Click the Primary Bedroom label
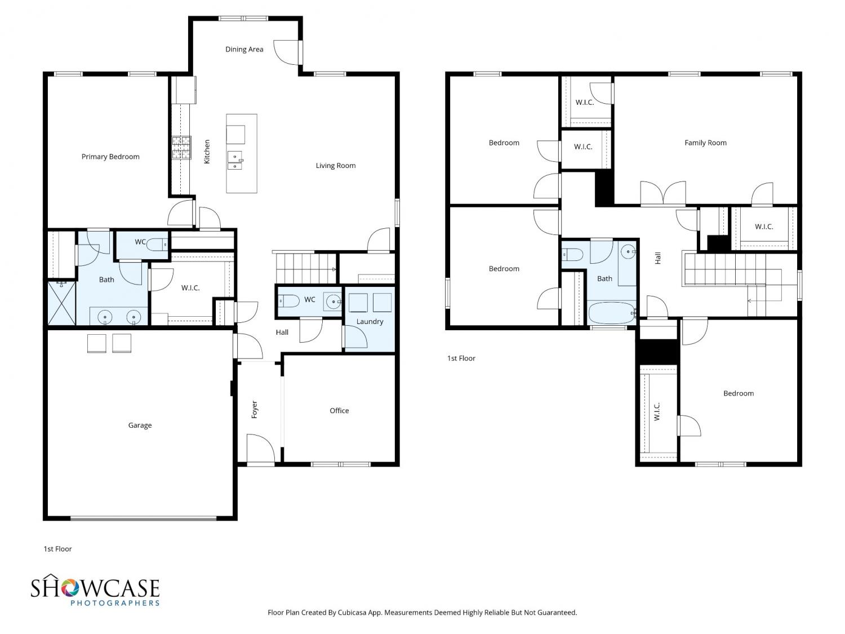pyautogui.click(x=110, y=157)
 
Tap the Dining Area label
pyautogui.click(x=244, y=49)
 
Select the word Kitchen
pyautogui.click(x=207, y=152)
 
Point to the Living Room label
pyautogui.click(x=336, y=166)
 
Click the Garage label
pyautogui.click(x=140, y=425)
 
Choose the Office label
pyautogui.click(x=339, y=411)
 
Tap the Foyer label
pyautogui.click(x=255, y=409)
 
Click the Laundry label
pyautogui.click(x=370, y=321)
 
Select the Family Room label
pyautogui.click(x=705, y=143)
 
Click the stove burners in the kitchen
pyautogui.click(x=181, y=148)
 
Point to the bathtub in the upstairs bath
pyautogui.click(x=611, y=313)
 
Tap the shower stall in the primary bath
pyautogui.click(x=61, y=303)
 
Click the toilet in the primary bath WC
pyautogui.click(x=158, y=245)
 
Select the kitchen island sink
pyautogui.click(x=234, y=161)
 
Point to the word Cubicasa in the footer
pyautogui.click(x=352, y=613)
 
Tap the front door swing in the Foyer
pyautogui.click(x=261, y=448)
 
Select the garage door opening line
pyautogui.click(x=144, y=518)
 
